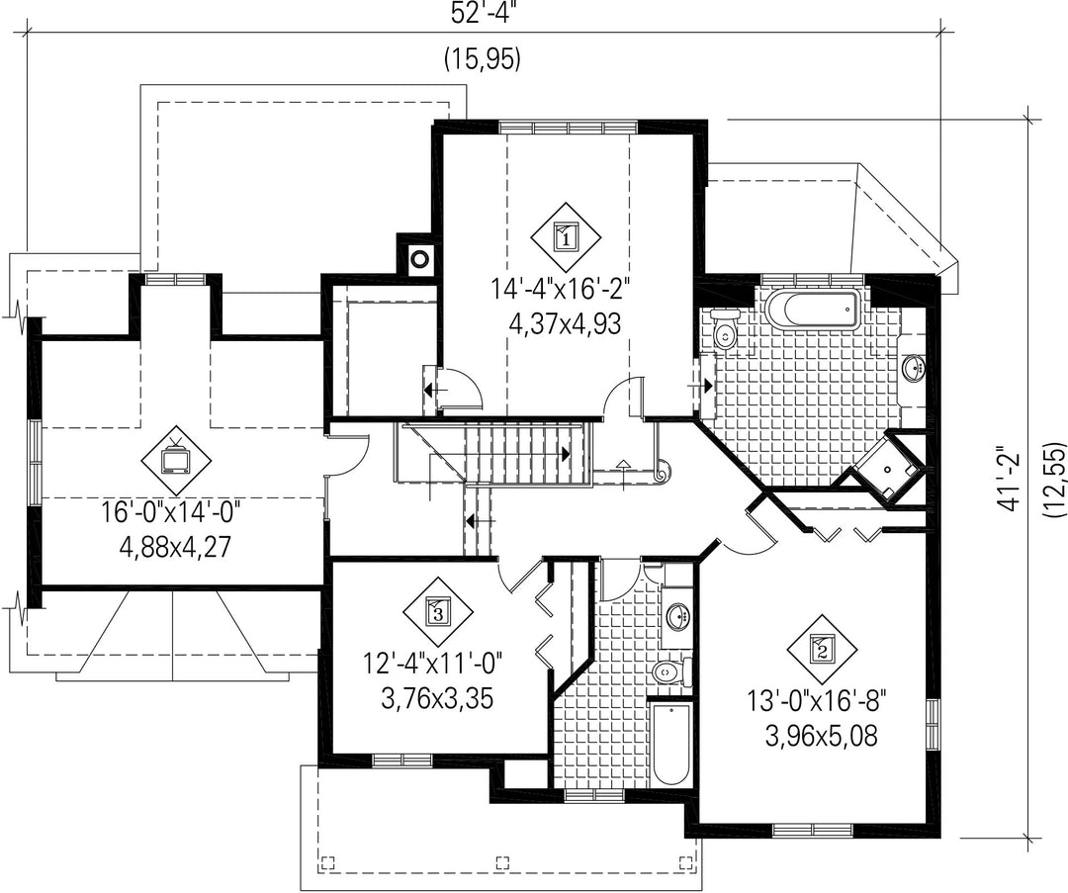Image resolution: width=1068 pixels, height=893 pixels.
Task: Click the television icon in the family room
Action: (176, 459)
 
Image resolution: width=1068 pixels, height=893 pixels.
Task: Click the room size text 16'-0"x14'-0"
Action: (173, 511)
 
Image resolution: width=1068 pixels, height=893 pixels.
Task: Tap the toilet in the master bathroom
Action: (724, 330)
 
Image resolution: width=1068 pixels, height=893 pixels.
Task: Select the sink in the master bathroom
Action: (914, 369)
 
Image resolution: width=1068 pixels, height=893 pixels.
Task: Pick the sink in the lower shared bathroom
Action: (676, 617)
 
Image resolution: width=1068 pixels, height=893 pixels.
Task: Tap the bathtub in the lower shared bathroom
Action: (670, 745)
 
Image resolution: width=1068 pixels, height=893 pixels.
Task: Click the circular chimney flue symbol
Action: (419, 259)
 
